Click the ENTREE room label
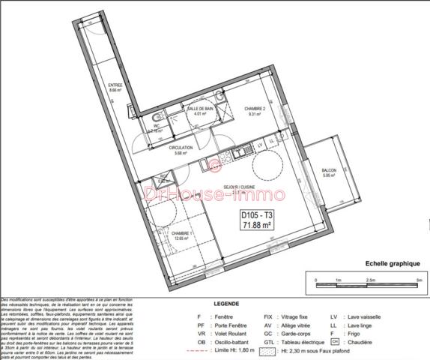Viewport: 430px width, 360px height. click(x=115, y=85)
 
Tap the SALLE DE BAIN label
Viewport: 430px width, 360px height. click(x=198, y=109)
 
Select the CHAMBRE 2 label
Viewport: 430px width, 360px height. click(x=255, y=109)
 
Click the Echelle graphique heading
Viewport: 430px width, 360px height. click(x=392, y=263)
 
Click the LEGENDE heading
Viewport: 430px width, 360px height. click(x=226, y=304)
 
